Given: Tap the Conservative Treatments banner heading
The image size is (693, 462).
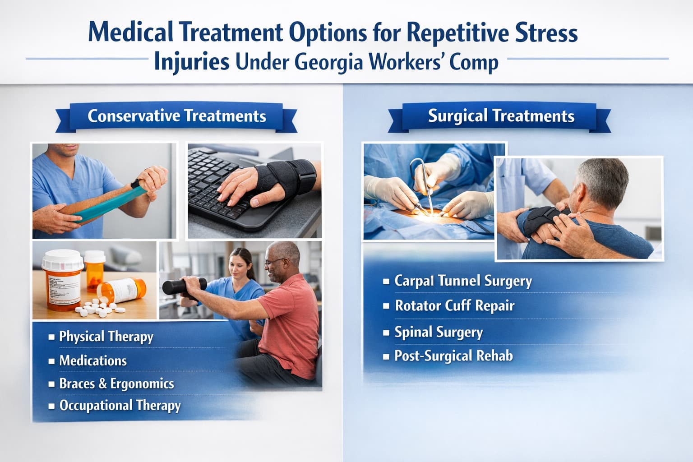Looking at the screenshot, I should coord(177,116).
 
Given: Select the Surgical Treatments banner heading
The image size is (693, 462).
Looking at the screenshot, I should coord(501,116).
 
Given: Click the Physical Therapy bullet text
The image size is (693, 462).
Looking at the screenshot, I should coord(106,337).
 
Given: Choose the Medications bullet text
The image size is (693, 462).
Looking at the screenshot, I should coord(93,360).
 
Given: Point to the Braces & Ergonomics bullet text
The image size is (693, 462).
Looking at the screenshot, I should coord(116,383).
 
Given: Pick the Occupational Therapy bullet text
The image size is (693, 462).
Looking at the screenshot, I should coord(120,405).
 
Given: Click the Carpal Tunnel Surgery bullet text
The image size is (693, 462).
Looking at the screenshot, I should coord(463,281).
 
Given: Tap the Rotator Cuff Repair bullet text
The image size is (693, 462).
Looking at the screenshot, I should coord(454,306).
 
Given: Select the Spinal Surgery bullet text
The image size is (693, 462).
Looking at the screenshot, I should coord(439,333).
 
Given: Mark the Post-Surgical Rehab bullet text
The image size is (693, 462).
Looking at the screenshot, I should coord(453,356).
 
